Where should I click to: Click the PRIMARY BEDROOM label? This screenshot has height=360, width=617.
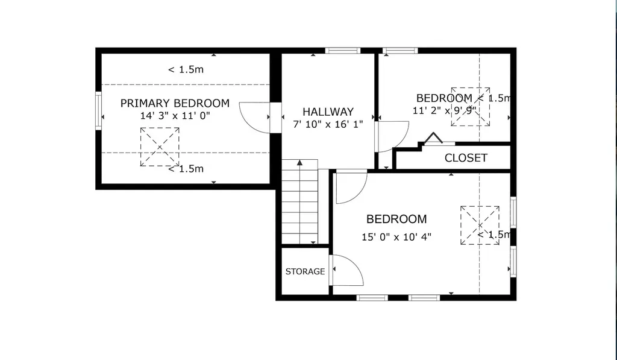pos(175,103)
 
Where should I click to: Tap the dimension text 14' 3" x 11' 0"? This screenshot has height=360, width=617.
pos(175,116)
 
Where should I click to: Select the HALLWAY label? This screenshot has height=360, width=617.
pos(328,112)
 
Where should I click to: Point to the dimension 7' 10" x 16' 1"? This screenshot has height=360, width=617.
pos(328,124)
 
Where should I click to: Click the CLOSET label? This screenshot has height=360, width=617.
pos(466,158)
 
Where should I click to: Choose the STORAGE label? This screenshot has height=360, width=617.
pos(305,271)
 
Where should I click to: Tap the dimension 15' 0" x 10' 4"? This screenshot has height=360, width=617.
pos(396,237)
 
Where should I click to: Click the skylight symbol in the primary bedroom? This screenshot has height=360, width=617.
pos(160,147)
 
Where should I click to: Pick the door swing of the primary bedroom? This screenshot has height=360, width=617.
pos(255,118)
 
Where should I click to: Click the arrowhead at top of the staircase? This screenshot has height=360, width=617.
pos(300,162)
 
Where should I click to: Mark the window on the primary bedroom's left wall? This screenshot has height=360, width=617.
pos(98,111)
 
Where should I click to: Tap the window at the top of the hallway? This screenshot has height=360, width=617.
pos(343,51)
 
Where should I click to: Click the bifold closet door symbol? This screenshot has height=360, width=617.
pos(434,138)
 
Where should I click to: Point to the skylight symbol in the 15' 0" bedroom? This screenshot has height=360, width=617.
pos(480,226)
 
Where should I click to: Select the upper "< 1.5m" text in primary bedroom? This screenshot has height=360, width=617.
pos(186,70)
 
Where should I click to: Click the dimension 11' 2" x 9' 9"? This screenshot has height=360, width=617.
pos(444,111)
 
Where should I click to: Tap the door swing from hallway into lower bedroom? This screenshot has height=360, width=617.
pos(352,188)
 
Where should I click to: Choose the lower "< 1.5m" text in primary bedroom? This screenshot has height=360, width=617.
pos(186,169)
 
